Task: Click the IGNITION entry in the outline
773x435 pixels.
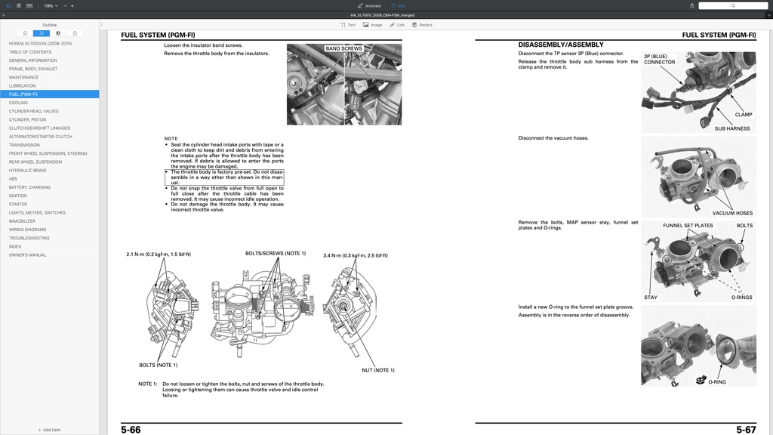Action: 18,196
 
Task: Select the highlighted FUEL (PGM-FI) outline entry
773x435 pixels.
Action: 23,94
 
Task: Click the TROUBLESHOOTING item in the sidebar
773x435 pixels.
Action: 29,238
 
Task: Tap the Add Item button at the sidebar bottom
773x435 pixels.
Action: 49,430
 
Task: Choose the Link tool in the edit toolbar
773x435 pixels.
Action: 397,25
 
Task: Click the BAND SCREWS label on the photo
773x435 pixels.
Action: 343,48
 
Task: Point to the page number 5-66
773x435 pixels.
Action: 131,430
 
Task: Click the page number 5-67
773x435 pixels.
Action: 746,430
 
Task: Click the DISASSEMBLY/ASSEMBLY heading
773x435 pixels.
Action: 561,45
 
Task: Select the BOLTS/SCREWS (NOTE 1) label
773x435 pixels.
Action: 276,254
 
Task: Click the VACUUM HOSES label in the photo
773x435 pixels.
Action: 732,213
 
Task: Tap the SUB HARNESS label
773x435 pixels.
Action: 732,128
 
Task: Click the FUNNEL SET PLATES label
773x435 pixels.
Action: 688,226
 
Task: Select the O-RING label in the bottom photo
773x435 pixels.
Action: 717,382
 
